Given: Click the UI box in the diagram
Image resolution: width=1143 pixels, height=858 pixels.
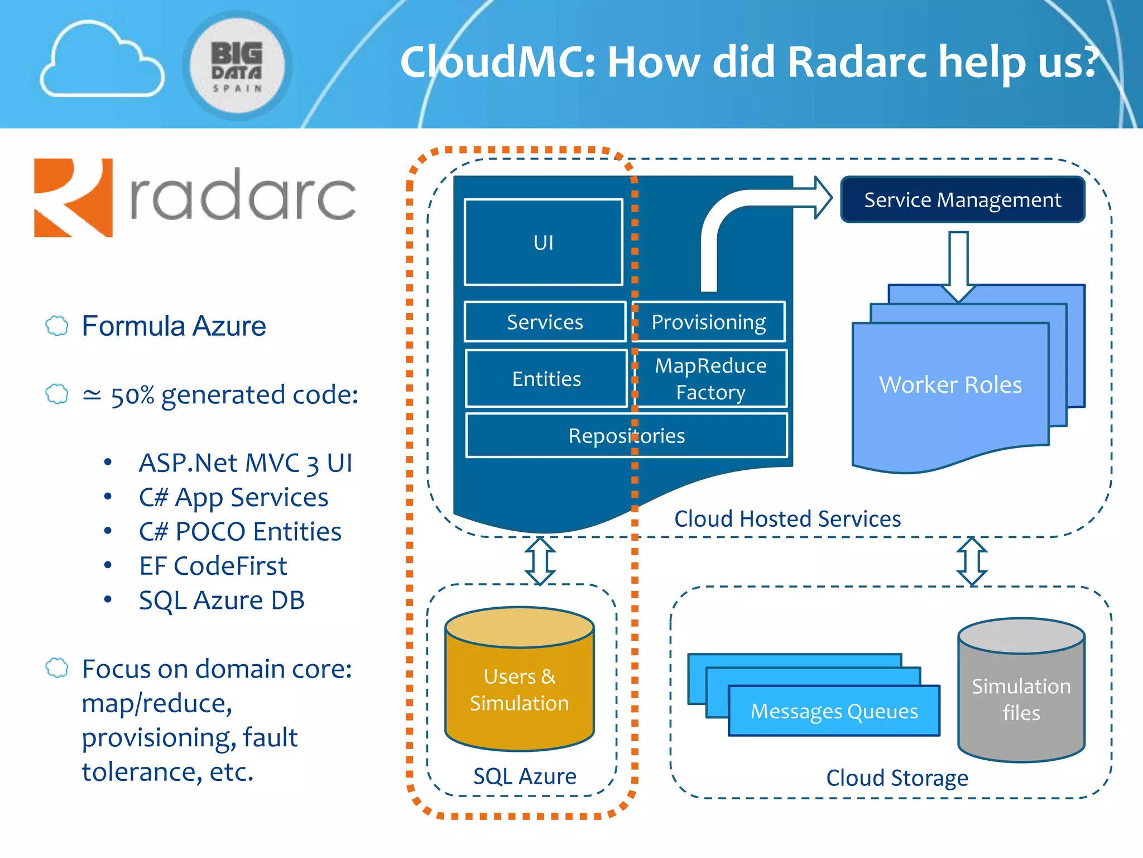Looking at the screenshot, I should tap(543, 242).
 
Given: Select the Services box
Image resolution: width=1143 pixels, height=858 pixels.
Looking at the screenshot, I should tap(545, 322).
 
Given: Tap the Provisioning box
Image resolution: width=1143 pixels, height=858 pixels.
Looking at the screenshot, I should tap(709, 322).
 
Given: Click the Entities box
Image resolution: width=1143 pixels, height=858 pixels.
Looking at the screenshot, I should tap(546, 379).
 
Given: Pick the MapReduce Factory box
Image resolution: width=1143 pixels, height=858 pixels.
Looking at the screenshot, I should tap(710, 379).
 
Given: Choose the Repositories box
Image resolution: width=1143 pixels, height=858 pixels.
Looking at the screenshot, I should tap(626, 436).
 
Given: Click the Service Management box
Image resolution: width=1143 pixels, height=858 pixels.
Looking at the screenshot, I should tap(962, 199).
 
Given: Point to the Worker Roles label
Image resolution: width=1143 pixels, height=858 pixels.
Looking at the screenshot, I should tap(950, 384).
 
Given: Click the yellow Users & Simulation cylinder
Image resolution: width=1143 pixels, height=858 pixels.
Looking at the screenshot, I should tap(519, 690).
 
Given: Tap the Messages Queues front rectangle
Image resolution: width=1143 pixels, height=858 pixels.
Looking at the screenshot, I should tap(834, 711).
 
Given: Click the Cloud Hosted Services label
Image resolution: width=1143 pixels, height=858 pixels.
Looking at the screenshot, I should tap(787, 519).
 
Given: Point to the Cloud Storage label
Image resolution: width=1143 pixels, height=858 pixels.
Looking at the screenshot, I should tap(897, 778).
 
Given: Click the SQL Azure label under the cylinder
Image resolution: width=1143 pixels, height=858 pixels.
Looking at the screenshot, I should tap(525, 776).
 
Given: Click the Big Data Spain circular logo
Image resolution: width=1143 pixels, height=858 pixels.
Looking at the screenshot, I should tap(237, 66).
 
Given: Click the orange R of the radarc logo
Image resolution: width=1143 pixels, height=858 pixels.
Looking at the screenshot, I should tap(73, 198).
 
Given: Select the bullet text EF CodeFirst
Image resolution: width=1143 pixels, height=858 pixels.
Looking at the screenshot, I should tap(213, 566).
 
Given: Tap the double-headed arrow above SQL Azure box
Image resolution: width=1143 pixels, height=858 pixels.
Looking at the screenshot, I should tap(540, 561).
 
